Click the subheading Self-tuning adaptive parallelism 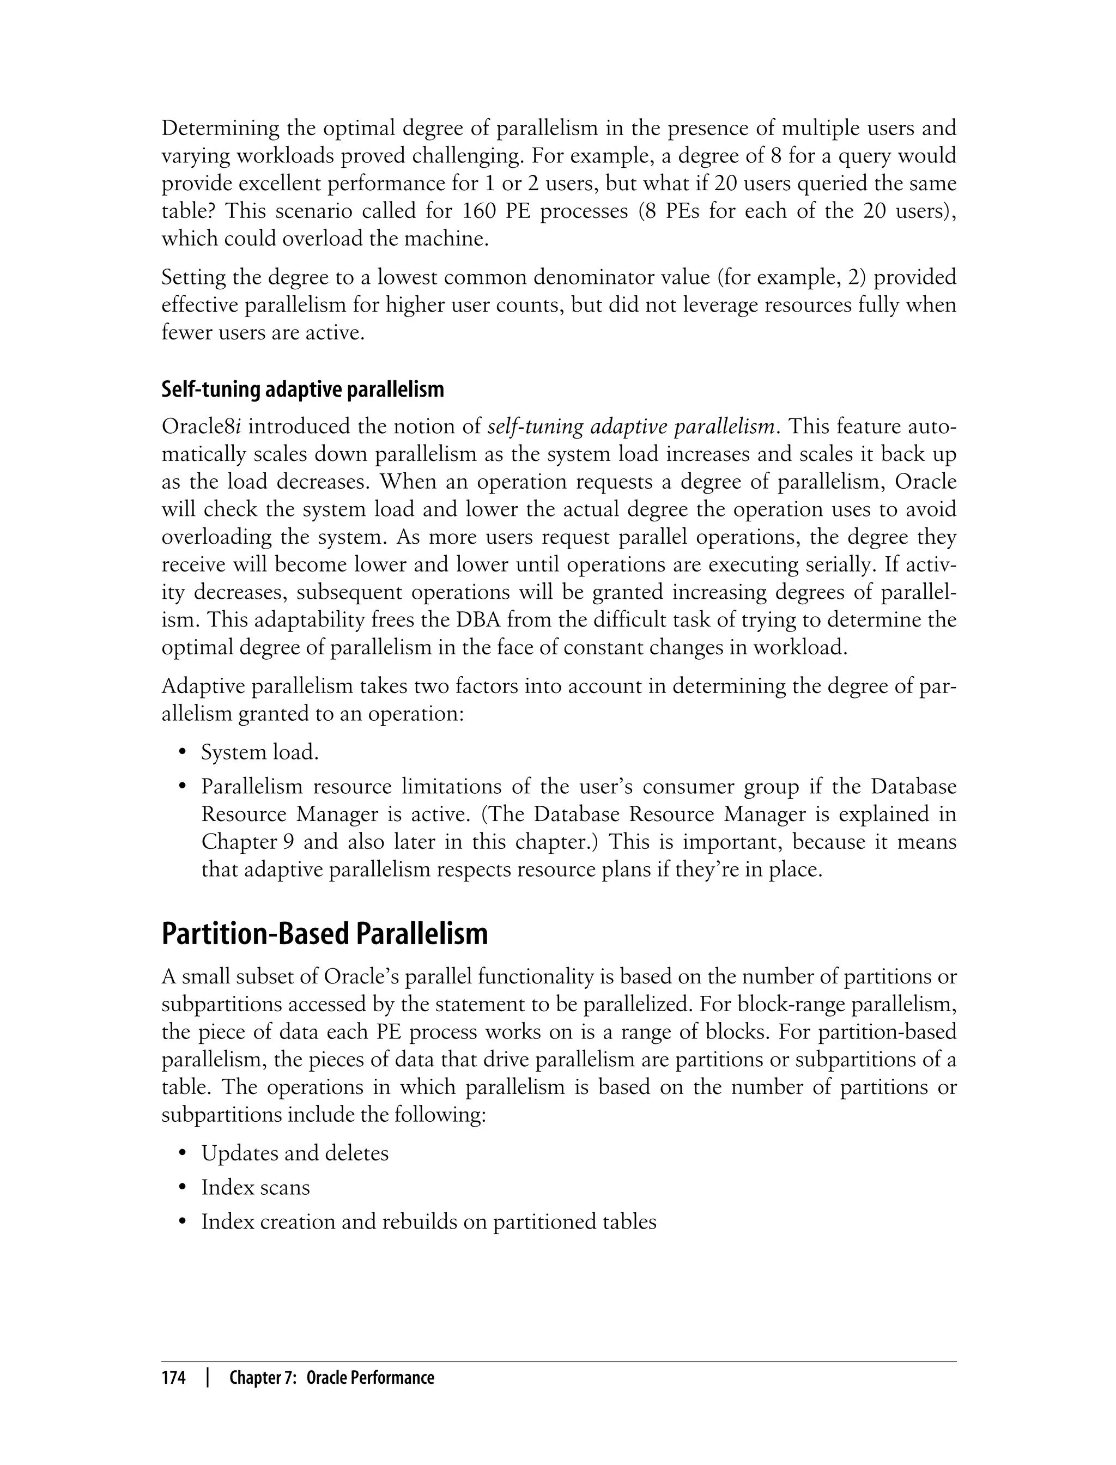click(302, 389)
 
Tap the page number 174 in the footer click(173, 1378)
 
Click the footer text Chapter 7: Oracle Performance click(331, 1378)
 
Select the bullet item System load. click(260, 752)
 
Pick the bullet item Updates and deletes click(294, 1153)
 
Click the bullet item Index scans click(255, 1187)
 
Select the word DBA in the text click(476, 620)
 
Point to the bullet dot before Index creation click(182, 1223)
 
